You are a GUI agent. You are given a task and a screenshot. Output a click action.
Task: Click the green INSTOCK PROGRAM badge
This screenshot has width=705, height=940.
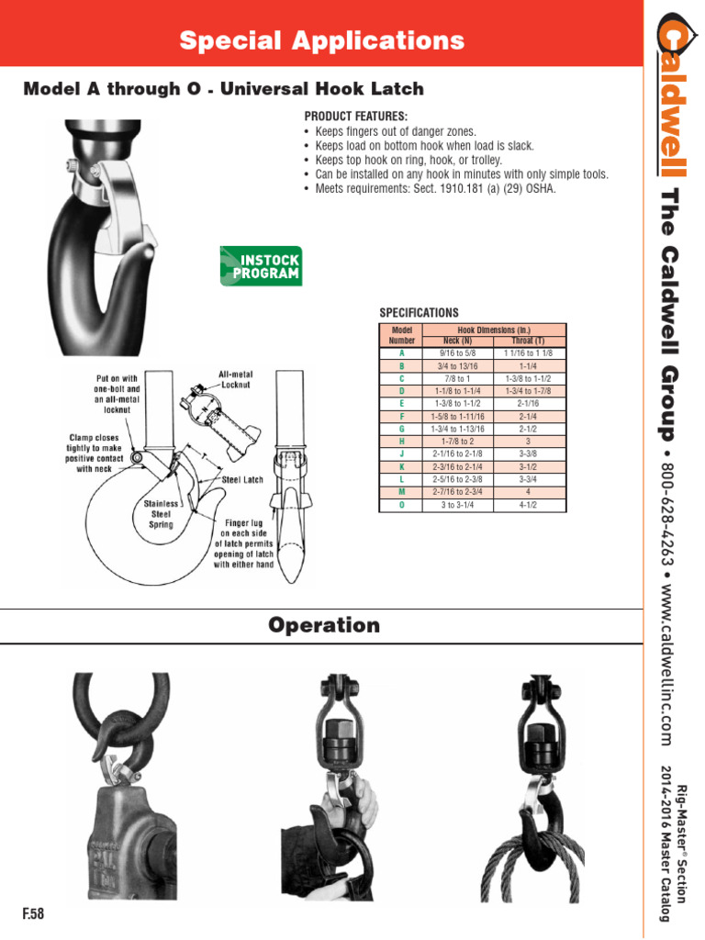click(261, 265)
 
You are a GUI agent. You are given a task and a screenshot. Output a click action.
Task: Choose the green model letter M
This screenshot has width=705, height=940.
click(402, 492)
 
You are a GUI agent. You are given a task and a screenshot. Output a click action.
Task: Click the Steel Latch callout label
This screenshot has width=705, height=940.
click(243, 479)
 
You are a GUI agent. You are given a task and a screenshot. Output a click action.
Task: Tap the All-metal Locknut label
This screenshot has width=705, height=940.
click(236, 381)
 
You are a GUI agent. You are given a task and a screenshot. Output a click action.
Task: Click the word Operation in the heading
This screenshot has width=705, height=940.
click(324, 626)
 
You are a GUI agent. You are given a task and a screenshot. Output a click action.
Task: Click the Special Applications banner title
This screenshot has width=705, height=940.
click(321, 40)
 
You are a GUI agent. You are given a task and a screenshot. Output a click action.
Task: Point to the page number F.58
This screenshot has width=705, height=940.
click(33, 914)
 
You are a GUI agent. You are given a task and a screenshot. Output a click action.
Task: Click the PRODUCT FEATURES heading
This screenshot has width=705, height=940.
click(355, 117)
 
